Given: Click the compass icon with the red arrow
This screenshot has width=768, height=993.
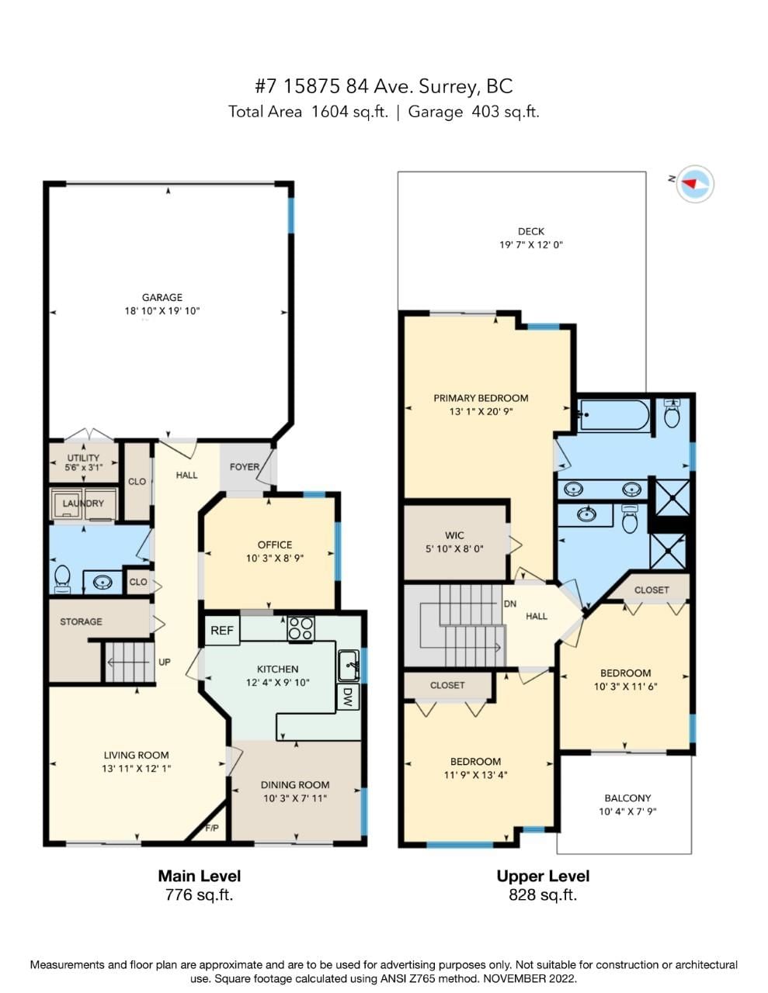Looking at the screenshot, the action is [x=695, y=184].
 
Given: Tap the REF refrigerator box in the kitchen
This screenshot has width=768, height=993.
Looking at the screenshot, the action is [x=222, y=631].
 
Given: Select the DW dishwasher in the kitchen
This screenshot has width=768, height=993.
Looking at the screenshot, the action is [x=348, y=697].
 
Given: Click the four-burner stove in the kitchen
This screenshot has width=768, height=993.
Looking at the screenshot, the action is [x=301, y=628].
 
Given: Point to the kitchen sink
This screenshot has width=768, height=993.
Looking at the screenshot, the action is [x=349, y=665].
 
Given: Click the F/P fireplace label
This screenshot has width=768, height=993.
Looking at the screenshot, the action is [x=212, y=828].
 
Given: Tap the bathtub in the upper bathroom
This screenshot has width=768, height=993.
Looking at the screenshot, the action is [x=613, y=415].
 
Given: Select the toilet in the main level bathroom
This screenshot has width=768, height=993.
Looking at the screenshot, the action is [x=62, y=578].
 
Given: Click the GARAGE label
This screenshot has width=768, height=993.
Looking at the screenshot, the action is [x=162, y=297].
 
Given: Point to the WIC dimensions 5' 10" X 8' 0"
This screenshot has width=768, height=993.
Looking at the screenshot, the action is [x=454, y=548].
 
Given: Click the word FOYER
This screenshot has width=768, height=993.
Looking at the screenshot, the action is [x=245, y=466].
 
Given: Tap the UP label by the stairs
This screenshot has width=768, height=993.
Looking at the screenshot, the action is [x=164, y=662].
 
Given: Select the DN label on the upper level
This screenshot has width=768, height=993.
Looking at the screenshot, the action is [x=510, y=604].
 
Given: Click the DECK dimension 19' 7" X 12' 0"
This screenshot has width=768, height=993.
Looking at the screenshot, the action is [x=530, y=244].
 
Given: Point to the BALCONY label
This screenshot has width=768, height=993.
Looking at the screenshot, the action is [x=627, y=798].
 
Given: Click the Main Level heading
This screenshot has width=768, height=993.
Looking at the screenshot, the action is [x=200, y=876].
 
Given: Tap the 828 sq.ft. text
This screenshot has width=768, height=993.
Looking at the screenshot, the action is [x=543, y=894].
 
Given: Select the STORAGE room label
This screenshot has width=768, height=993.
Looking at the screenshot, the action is [x=81, y=621].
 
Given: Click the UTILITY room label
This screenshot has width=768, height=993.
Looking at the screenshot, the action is [x=83, y=458].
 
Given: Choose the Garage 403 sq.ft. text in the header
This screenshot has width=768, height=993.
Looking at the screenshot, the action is [x=474, y=112].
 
